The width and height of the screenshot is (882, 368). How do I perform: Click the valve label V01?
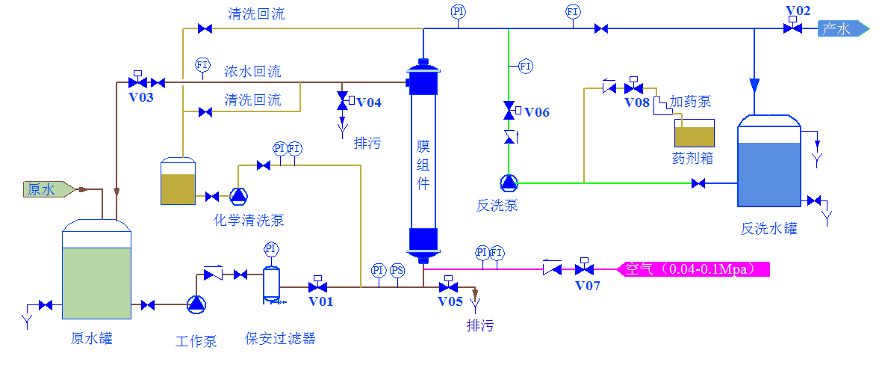[320, 301]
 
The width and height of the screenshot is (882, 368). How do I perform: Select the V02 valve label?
[798, 10]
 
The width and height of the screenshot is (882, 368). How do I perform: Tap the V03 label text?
[141, 96]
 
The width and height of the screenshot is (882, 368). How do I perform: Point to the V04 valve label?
[368, 102]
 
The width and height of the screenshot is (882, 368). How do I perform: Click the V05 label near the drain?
[450, 301]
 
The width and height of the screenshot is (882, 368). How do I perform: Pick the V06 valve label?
[536, 112]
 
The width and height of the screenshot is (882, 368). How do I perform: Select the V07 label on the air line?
[587, 285]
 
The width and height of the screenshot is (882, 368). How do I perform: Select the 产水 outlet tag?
[841, 28]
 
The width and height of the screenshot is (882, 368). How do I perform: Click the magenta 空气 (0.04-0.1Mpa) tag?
[695, 269]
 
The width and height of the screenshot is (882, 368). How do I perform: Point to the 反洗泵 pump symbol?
[508, 182]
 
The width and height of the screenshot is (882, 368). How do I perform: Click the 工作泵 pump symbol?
[196, 303]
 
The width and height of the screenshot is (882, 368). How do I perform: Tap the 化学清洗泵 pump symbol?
[238, 196]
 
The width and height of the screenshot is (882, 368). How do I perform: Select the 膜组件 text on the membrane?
[423, 165]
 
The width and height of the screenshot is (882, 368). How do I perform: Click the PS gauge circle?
[398, 269]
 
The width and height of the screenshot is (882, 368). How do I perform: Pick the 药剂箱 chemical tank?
[694, 134]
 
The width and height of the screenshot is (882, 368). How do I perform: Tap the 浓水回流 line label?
[252, 72]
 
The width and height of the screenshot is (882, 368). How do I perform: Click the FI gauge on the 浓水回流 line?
[202, 64]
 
